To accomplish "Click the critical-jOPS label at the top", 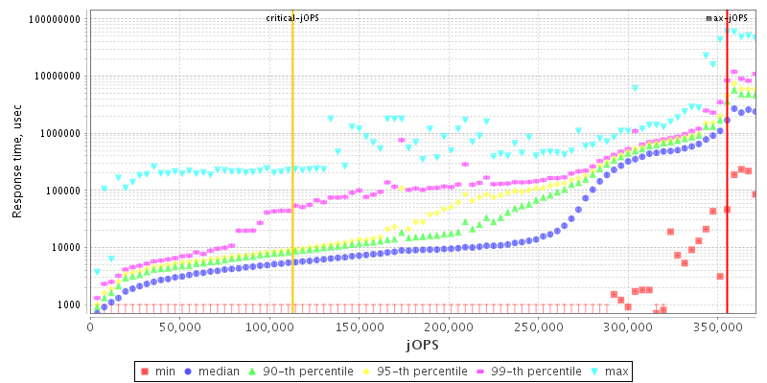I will point(293,17).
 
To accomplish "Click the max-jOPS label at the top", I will point(727,17).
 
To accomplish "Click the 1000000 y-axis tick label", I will point(60,133).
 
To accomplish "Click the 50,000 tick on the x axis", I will point(179,327).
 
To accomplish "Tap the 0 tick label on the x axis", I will point(90,327).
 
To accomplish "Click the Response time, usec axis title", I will point(17,163).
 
